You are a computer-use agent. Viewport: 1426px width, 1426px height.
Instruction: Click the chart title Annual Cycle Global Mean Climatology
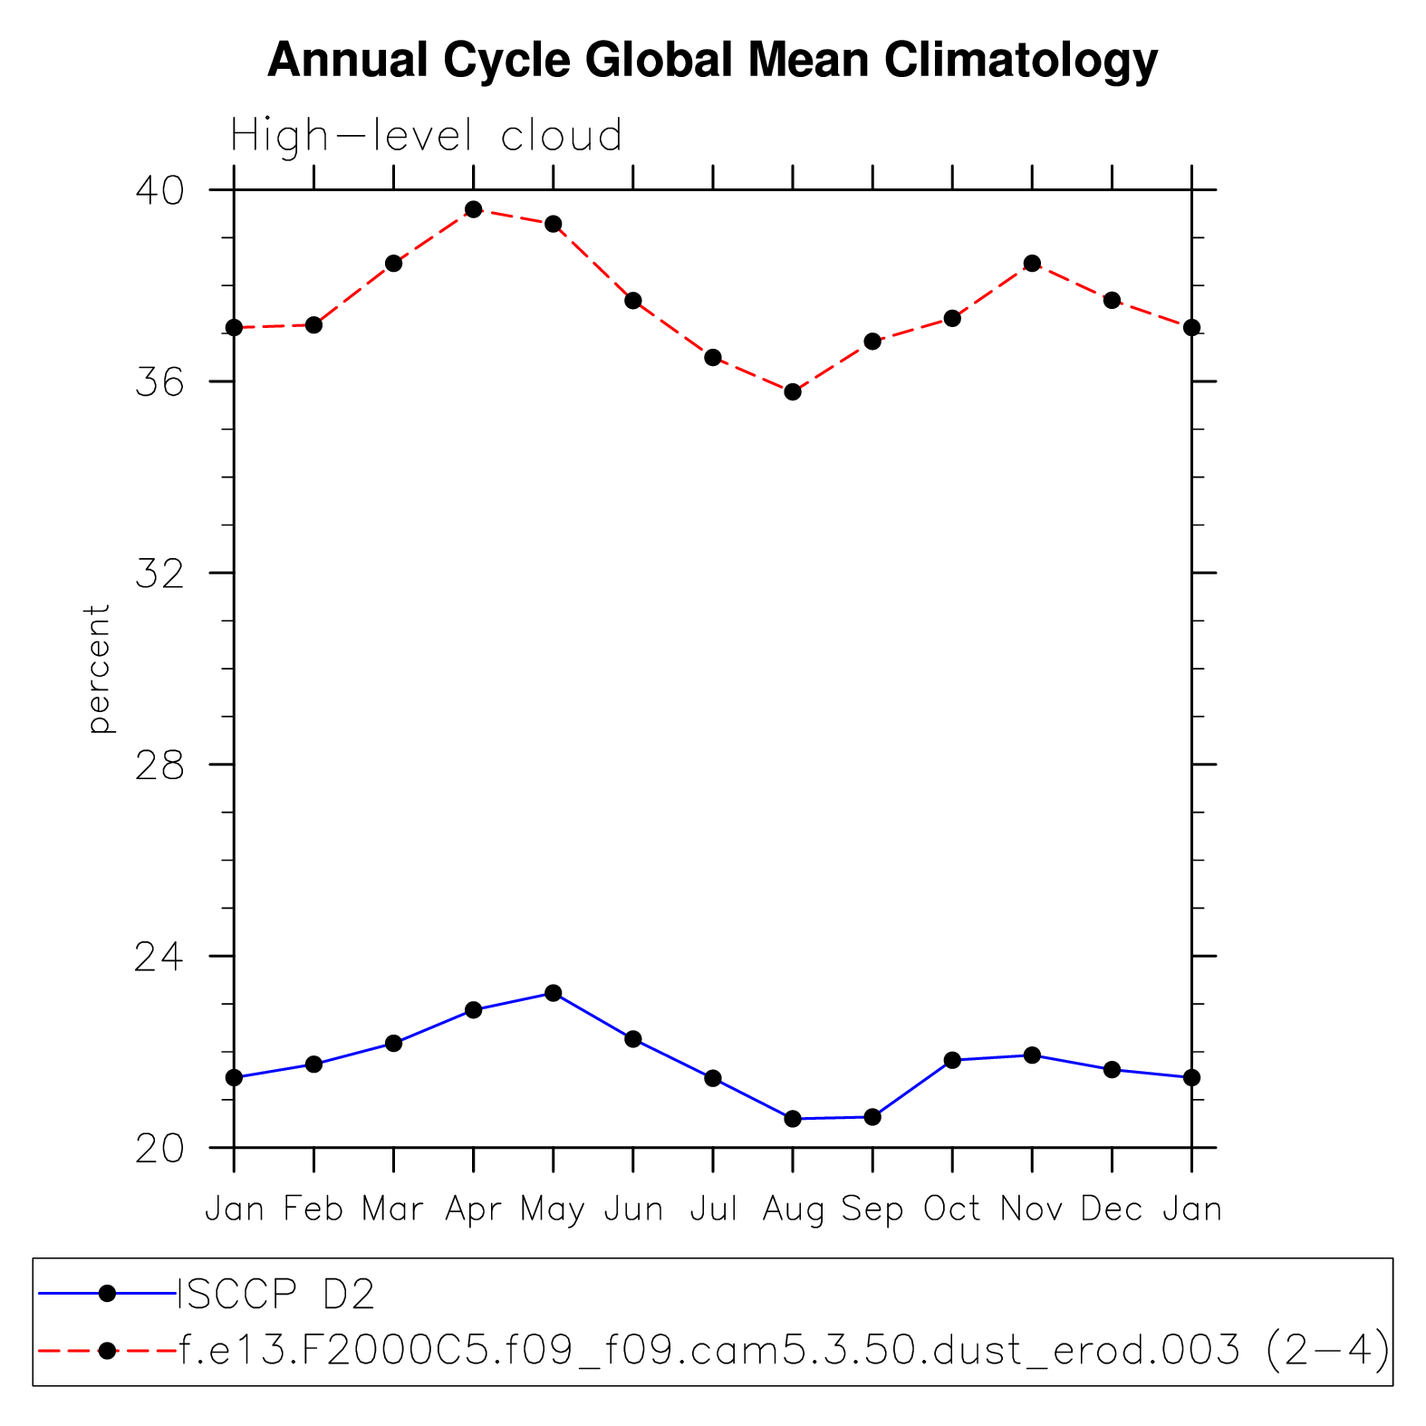click(x=712, y=61)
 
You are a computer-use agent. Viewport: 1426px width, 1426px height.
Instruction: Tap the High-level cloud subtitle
click(x=426, y=136)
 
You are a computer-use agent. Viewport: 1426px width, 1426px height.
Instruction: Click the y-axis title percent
click(x=97, y=669)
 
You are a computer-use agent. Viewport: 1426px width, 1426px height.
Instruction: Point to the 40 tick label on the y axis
click(x=159, y=190)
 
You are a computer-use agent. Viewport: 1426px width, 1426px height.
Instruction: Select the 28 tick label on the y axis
click(x=159, y=766)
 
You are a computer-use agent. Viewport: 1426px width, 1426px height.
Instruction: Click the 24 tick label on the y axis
click(x=159, y=957)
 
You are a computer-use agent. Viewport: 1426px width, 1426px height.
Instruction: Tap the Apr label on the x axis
click(x=473, y=1209)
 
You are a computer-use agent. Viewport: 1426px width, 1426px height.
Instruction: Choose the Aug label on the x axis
click(x=793, y=1209)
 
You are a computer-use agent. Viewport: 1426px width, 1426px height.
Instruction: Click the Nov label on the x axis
click(x=1032, y=1209)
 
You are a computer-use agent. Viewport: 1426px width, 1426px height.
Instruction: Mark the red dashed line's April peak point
click(x=473, y=209)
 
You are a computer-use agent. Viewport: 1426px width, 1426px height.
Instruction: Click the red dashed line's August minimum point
click(x=793, y=392)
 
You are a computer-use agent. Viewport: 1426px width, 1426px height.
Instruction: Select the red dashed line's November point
click(x=1032, y=264)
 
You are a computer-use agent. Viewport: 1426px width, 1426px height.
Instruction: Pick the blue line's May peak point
click(x=554, y=993)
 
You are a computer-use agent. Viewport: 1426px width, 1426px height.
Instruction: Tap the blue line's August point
click(x=793, y=1119)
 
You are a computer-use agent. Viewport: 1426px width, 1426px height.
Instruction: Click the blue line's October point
click(x=952, y=1060)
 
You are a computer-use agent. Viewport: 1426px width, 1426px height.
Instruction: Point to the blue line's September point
click(x=872, y=1117)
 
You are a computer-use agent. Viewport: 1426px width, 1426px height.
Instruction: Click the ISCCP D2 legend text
click(x=276, y=1295)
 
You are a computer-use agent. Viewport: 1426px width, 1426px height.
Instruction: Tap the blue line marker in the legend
click(x=107, y=1294)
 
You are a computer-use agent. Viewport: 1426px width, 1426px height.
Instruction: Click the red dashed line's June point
click(x=633, y=301)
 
